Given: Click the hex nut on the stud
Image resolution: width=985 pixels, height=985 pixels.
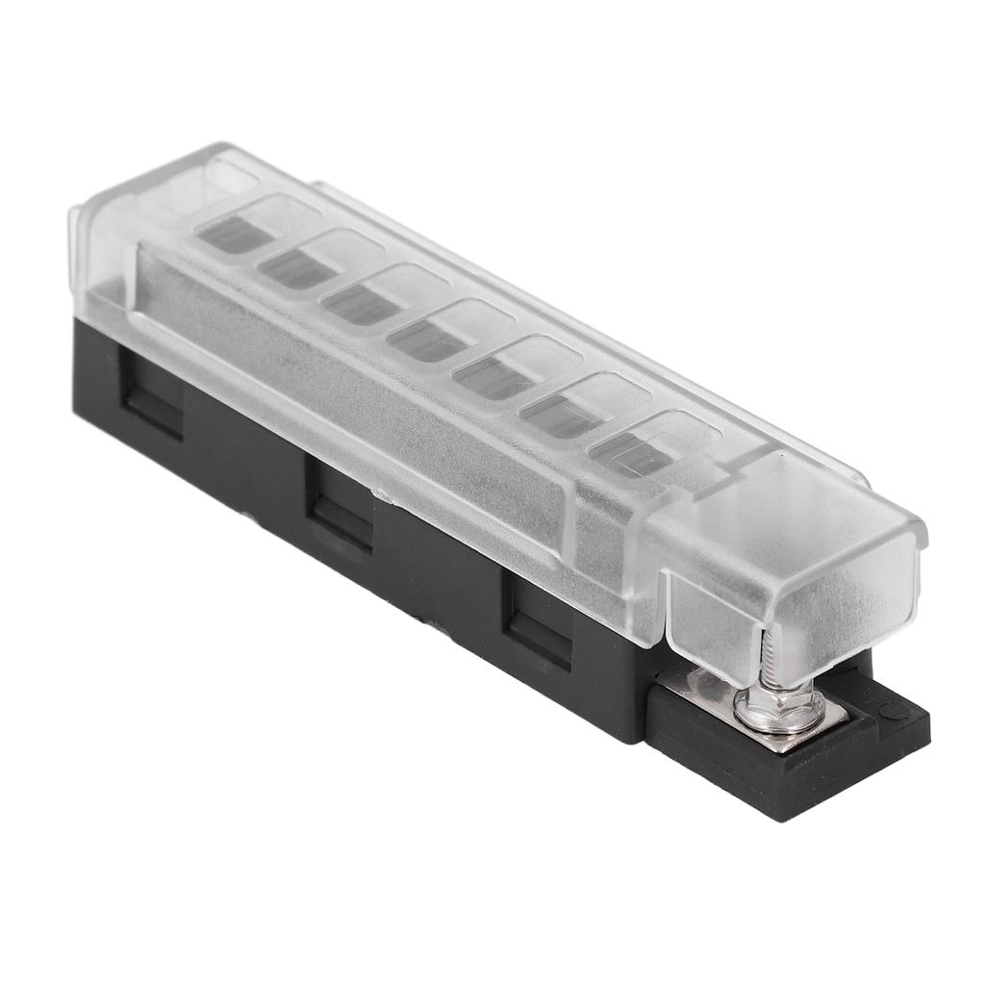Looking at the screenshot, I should click(x=778, y=711).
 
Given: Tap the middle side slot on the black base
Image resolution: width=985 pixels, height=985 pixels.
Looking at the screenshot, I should click(x=340, y=510).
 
